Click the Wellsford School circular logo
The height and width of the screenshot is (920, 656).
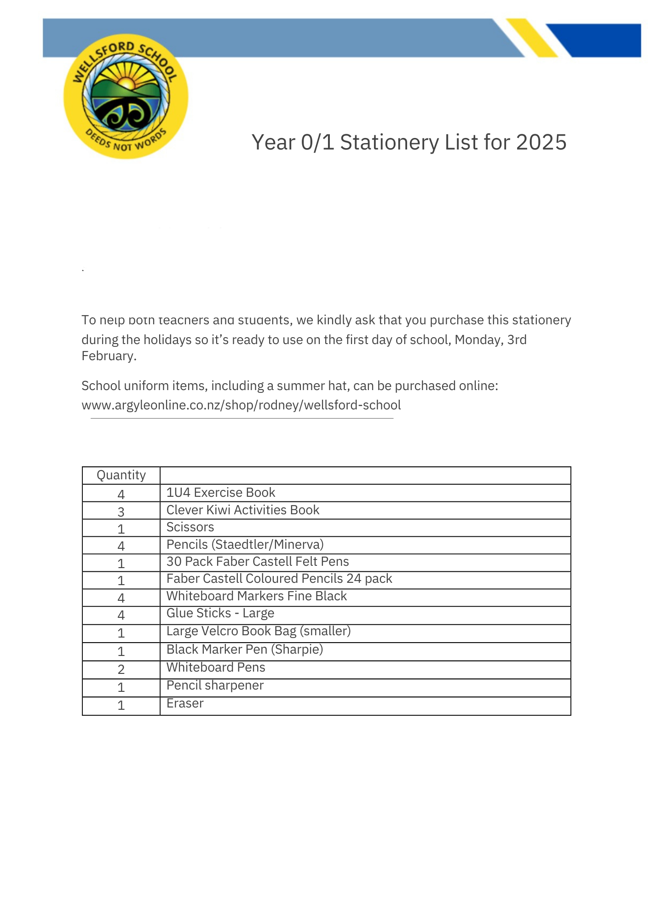(126, 97)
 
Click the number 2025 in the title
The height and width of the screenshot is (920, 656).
(541, 142)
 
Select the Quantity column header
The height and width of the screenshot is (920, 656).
(121, 475)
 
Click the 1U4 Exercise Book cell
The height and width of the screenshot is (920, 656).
(220, 493)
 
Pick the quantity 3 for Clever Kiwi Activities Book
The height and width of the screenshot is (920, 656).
(121, 512)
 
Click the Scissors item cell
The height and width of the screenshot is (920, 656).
(190, 527)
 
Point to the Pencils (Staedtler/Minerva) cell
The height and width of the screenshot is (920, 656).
(245, 545)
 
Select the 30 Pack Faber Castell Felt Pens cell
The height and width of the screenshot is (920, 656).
(257, 562)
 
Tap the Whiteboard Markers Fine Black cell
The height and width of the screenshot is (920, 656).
(256, 596)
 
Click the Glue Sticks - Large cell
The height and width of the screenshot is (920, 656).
(220, 613)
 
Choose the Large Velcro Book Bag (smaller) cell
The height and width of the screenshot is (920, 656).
(258, 631)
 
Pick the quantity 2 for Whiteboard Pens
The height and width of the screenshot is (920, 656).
(121, 669)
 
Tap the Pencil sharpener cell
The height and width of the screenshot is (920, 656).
(215, 685)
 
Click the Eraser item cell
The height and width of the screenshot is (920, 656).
(185, 703)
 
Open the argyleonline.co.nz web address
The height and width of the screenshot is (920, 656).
(241, 405)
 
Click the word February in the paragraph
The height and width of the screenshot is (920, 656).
(108, 356)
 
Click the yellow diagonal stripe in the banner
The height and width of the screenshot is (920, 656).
(532, 38)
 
